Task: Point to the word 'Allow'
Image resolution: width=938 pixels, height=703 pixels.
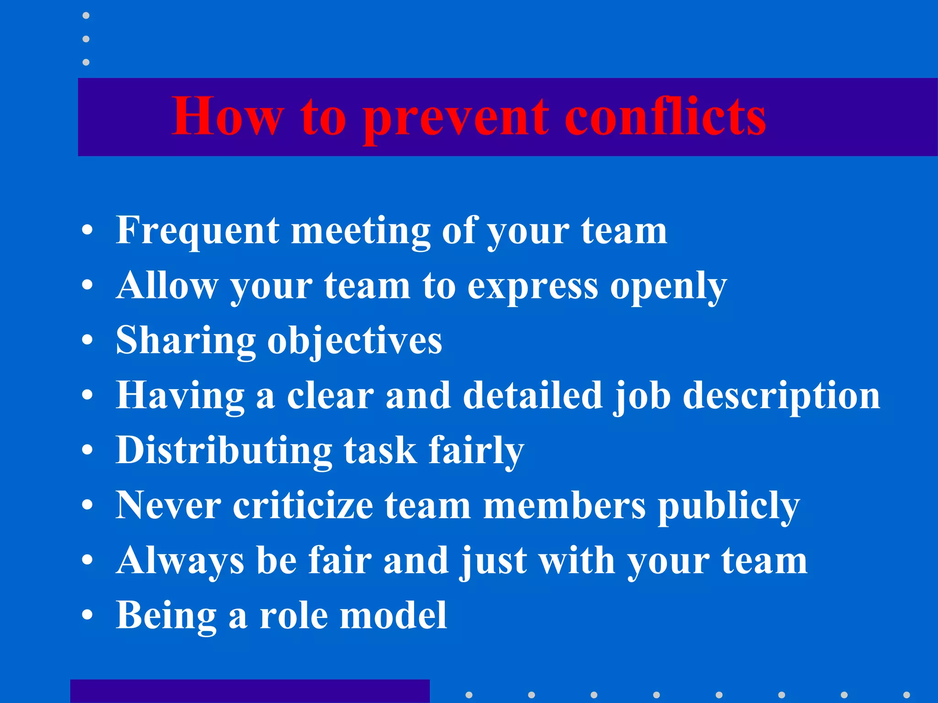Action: pyautogui.click(x=167, y=286)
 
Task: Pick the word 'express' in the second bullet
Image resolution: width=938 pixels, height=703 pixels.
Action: pyautogui.click(x=533, y=287)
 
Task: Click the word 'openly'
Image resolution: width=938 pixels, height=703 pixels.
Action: pyautogui.click(x=668, y=287)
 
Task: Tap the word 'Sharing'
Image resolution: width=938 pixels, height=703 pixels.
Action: pyautogui.click(x=185, y=341)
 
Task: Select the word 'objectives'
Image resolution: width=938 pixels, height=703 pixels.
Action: pyautogui.click(x=354, y=341)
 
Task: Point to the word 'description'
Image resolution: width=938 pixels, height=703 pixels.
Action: pyautogui.click(x=781, y=396)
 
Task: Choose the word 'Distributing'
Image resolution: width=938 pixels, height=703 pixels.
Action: pyautogui.click(x=224, y=451)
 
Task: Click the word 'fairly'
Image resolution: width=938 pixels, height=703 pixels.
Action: pyautogui.click(x=476, y=451)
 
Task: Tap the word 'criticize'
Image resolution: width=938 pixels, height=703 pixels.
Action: pyautogui.click(x=303, y=505)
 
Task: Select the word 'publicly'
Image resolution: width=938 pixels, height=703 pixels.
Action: pyautogui.click(x=729, y=506)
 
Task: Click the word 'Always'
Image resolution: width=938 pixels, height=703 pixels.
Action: pyautogui.click(x=180, y=561)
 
